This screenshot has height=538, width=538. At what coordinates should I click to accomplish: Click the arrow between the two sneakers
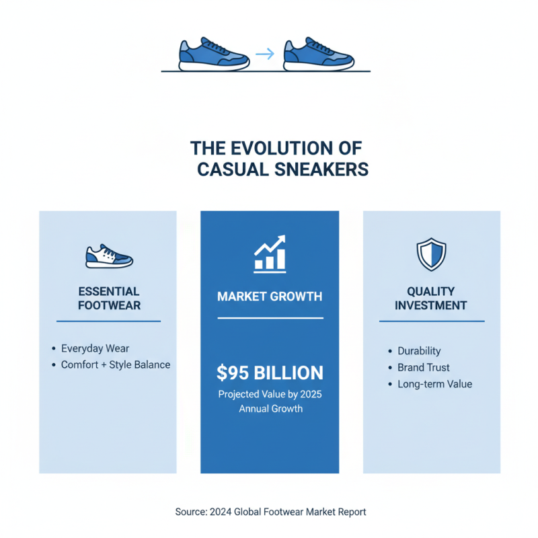point(266,54)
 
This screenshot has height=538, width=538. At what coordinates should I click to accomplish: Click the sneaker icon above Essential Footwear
point(109,256)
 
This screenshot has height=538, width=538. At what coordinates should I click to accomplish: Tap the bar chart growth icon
point(270,254)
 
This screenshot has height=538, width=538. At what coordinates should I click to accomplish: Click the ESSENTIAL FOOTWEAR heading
point(109,298)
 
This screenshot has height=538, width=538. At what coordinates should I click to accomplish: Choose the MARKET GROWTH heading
point(270,296)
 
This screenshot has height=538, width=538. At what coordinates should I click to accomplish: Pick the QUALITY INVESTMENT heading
point(431,298)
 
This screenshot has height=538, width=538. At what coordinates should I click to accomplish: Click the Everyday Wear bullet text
point(95,348)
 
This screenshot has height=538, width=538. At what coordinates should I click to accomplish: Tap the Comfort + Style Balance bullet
point(115,364)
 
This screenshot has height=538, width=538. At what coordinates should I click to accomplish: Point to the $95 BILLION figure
point(270,373)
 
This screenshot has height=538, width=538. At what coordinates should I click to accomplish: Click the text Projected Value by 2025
point(270,394)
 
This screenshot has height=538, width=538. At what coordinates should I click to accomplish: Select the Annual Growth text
point(270,408)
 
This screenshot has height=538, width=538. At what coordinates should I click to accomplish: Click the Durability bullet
point(419,351)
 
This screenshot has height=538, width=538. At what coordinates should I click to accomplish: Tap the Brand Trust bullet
point(424,368)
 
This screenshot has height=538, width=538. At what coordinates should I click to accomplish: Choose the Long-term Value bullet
point(434,384)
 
